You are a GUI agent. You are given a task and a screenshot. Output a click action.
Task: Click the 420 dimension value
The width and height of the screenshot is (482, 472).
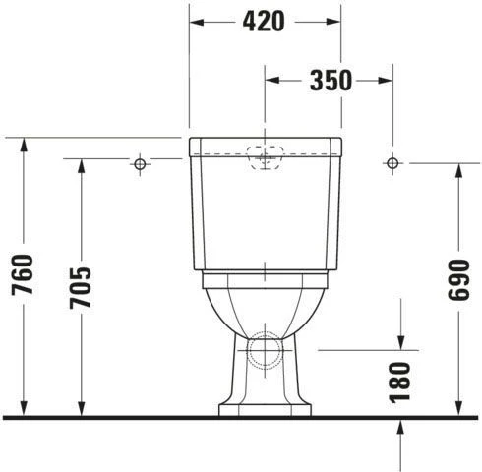pyautogui.click(x=265, y=20)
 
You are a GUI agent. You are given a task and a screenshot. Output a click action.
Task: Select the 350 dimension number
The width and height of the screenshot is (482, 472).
pyautogui.click(x=331, y=81)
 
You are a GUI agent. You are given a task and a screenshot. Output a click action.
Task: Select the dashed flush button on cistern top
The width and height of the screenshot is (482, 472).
pyautogui.click(x=265, y=156)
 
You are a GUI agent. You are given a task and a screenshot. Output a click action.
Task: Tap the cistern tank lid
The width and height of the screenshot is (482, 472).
pyautogui.click(x=265, y=147)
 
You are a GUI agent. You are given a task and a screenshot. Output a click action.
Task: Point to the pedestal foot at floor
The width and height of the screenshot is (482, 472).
pyautogui.click(x=265, y=406)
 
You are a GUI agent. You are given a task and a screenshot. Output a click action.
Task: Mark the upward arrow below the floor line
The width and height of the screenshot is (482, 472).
pyautogui.click(x=403, y=427)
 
